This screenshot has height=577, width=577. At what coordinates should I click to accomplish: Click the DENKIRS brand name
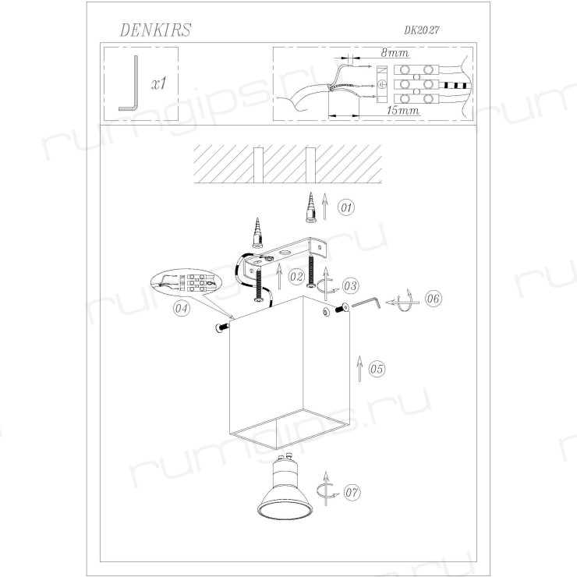155,30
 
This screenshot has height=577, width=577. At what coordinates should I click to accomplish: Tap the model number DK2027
422,30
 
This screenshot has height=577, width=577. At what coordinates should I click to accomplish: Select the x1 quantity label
159,83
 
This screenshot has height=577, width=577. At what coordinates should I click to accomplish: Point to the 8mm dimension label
395,52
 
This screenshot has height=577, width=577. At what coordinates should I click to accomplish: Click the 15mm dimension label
403,110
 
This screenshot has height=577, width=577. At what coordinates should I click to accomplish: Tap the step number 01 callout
346,207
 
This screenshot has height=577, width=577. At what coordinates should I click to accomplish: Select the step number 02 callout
296,276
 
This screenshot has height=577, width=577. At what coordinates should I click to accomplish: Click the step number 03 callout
350,285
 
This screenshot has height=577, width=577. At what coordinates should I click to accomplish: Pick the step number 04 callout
182,308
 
